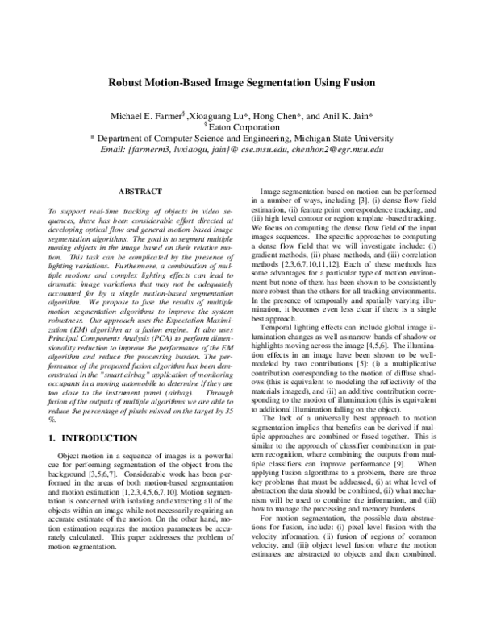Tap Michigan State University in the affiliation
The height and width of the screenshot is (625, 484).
click(348, 138)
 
